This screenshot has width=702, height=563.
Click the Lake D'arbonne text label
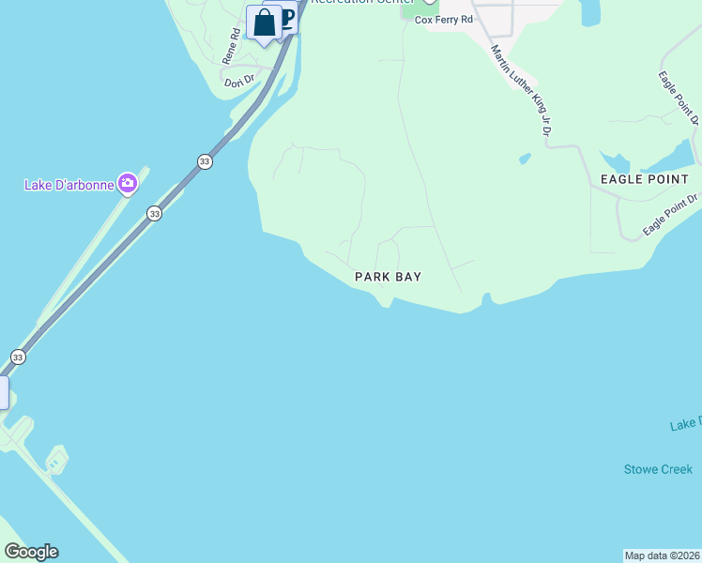(x=69, y=184)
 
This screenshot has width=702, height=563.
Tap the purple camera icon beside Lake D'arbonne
(x=127, y=184)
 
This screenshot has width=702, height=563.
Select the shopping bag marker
(x=265, y=23)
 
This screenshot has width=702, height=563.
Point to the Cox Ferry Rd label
(x=445, y=19)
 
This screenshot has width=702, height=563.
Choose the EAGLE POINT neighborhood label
(x=645, y=178)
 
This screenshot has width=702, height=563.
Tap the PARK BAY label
(x=388, y=277)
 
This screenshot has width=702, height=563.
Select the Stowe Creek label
(x=658, y=469)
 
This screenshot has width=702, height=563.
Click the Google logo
(x=32, y=552)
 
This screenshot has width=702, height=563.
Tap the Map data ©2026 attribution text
(x=662, y=555)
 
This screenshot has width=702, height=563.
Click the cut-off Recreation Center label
(x=361, y=3)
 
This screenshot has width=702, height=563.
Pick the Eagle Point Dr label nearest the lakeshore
(x=671, y=215)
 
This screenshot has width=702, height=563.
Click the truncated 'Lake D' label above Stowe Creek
(x=685, y=425)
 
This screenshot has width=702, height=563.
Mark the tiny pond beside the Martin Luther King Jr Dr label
(x=524, y=159)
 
